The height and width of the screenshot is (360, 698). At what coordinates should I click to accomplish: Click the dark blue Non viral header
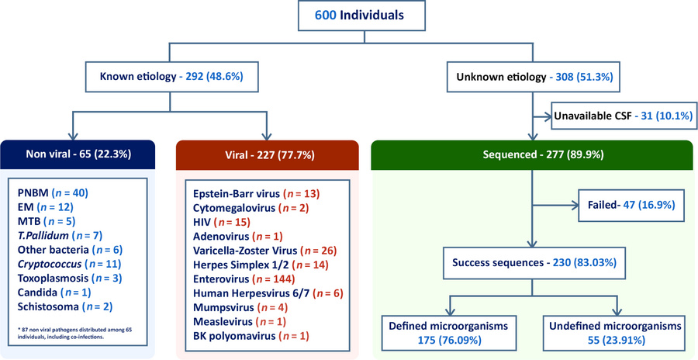(x=79, y=154)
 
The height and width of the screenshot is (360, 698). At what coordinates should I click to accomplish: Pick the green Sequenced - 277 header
(x=531, y=154)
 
